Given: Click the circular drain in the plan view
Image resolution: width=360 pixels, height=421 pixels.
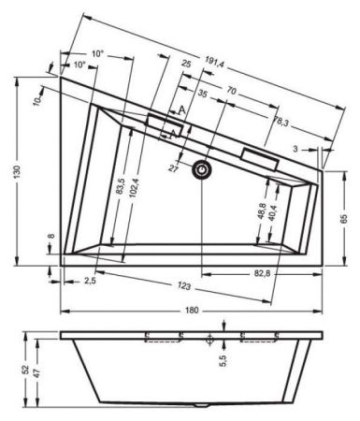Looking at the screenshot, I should coord(202,170).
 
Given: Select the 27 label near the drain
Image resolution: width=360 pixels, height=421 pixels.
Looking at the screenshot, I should coord(174,168).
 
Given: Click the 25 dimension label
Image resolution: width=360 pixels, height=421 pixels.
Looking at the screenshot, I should coord(187,64).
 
